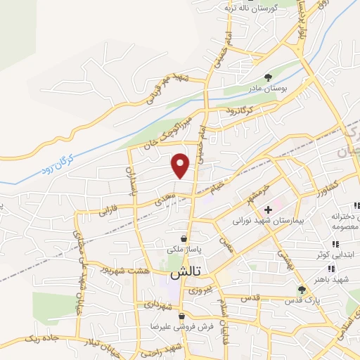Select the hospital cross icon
[267, 210]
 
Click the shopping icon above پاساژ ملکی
[184, 238]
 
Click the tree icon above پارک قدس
[302, 289]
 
